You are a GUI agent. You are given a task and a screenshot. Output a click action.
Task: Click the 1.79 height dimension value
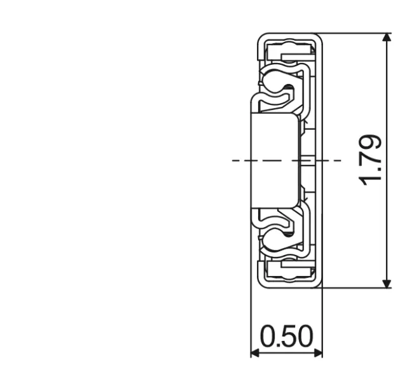pos(371,160)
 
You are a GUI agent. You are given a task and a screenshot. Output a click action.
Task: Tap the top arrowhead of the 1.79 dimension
pos(386,38)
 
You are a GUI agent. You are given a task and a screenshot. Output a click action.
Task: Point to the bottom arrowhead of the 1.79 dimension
pos(386,282)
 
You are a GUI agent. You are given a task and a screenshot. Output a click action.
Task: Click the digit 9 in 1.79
pos(371,142)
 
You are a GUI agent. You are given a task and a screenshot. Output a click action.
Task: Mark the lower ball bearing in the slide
pos(274,236)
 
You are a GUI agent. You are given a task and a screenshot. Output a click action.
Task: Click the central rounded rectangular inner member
pos(275,160)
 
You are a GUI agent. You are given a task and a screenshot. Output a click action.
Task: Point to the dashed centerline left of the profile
pos(240,160)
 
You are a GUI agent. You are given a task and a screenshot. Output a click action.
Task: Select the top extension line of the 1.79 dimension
pos(356,33)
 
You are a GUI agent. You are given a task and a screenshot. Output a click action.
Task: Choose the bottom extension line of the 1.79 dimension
pos(356,287)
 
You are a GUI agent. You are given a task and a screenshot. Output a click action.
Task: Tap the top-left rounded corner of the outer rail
pos(259,37)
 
